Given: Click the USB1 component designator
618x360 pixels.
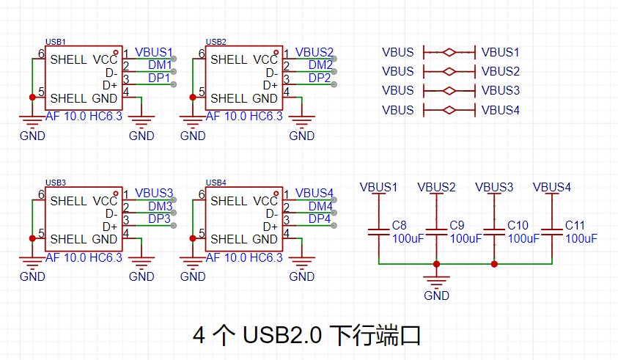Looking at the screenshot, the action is [56, 42].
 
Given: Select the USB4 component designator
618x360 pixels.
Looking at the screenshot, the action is [216, 183].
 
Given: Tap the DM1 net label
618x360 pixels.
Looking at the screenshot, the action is [160, 65].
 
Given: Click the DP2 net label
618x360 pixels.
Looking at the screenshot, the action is [320, 78].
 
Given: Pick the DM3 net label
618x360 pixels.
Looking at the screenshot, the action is [160, 206].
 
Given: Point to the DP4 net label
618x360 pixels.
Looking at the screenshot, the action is [320, 218].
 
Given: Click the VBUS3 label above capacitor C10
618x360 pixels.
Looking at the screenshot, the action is [494, 187].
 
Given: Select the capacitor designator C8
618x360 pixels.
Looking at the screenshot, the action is [399, 225].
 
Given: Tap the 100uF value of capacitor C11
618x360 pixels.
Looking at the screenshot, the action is [581, 238].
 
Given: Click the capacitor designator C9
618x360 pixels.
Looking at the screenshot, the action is [457, 225].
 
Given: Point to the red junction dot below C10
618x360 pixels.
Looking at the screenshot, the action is [494, 264].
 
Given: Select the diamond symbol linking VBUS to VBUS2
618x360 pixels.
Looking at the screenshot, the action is [449, 71].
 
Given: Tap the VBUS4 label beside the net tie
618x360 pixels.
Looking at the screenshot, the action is [501, 110].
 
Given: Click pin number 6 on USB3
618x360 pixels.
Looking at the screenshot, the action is [41, 194].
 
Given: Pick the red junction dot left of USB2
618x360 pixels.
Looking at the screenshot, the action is [193, 97].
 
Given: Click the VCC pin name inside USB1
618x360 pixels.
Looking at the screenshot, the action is [106, 59].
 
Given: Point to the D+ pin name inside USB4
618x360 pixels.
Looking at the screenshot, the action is [271, 227].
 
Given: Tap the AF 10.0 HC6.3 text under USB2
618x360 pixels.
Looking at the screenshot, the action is [244, 117].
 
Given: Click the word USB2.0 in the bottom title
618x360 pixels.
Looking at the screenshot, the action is [282, 335].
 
